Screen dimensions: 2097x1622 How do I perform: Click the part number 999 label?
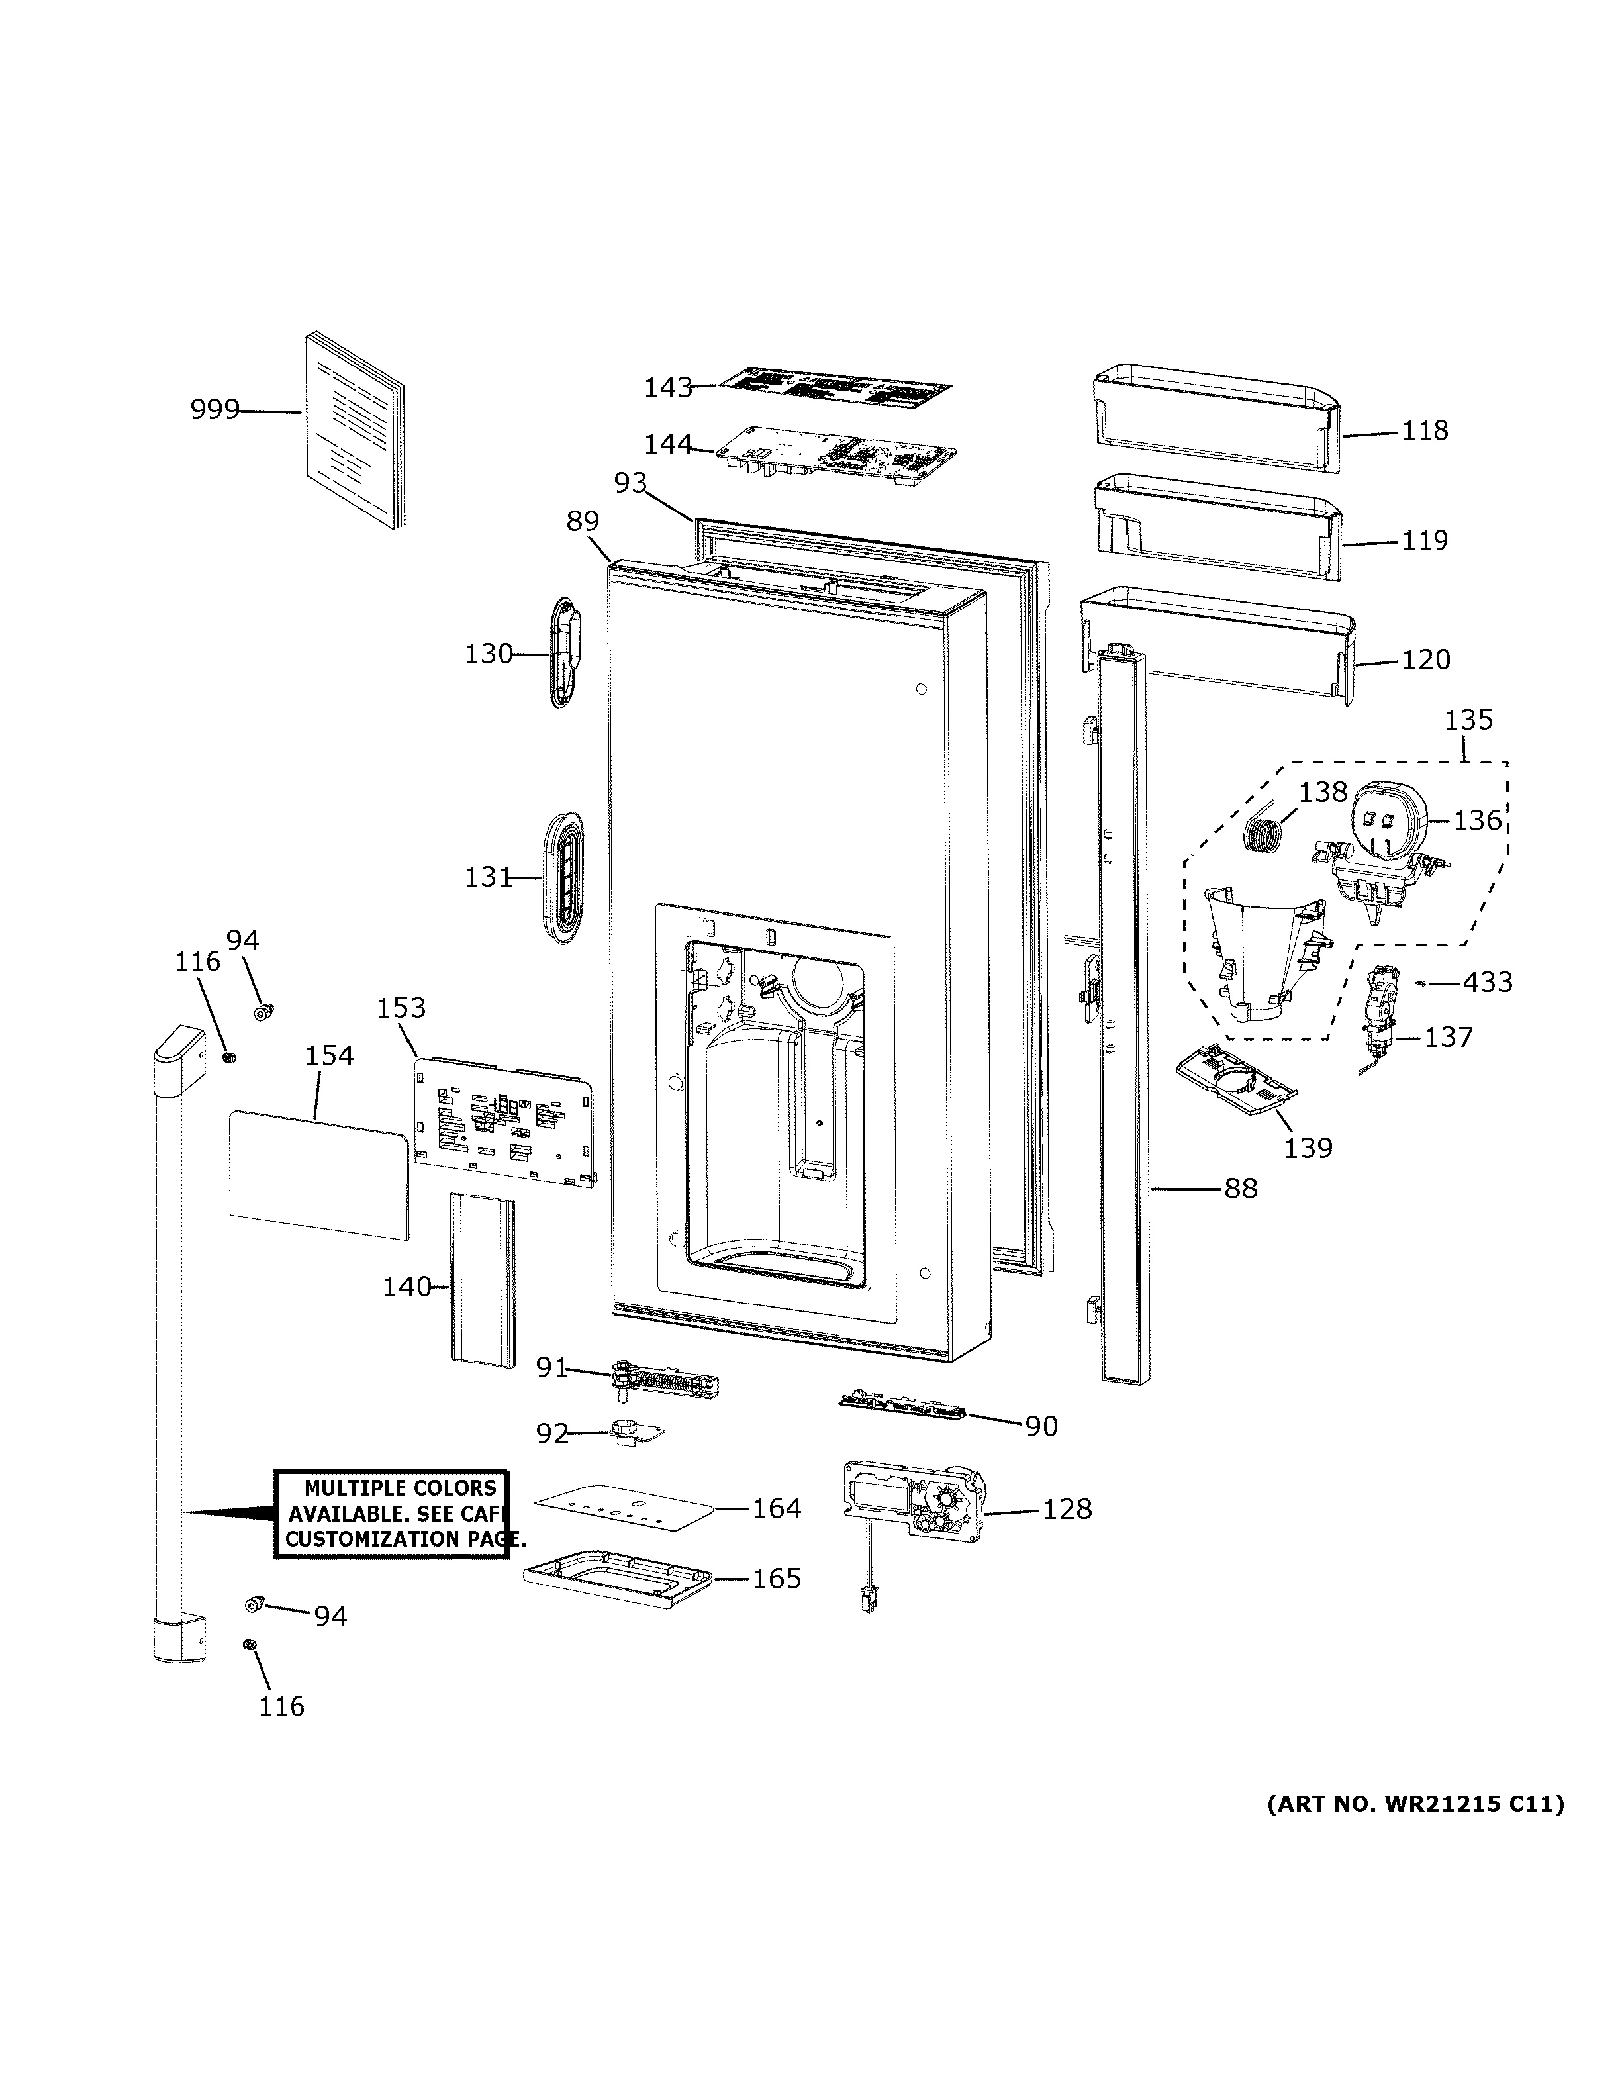point(214,410)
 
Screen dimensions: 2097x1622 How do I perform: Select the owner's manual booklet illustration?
point(355,432)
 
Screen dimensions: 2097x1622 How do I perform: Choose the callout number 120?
point(1425,659)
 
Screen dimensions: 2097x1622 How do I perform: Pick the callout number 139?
point(1308,1147)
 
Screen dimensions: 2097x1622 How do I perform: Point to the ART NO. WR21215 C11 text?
point(1415,1804)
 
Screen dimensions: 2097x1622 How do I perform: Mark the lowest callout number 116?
point(281,1706)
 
